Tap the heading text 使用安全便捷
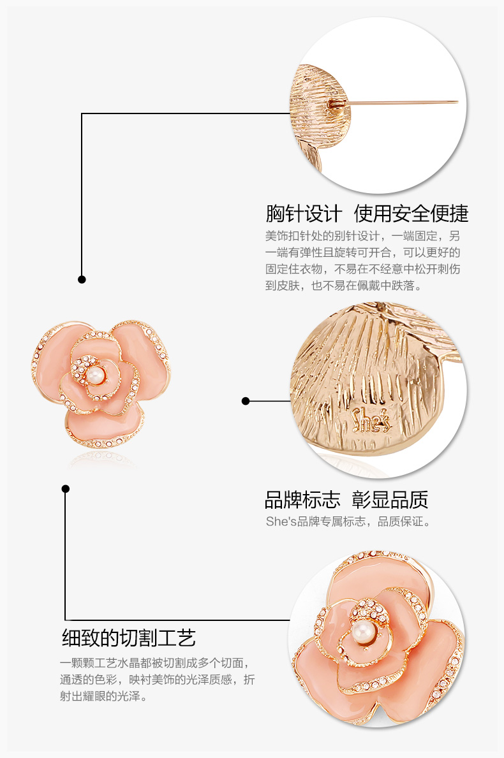coord(411,213)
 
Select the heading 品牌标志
coord(302,499)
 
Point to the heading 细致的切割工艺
coord(128,638)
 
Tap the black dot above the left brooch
coord(82,279)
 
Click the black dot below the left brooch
coord(65,488)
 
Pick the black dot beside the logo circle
coord(246,401)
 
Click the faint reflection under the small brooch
coord(102,458)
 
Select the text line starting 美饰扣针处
coord(362,235)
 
